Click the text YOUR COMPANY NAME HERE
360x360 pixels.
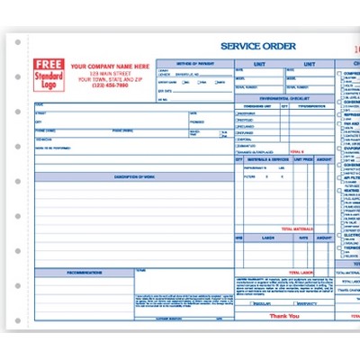(x=110, y=66)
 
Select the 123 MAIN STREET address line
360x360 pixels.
(x=110, y=72)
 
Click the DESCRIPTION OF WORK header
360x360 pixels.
(x=134, y=176)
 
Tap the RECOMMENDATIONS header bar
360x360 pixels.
(x=85, y=271)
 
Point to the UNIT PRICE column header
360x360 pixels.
(x=301, y=157)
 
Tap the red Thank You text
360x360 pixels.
(x=284, y=316)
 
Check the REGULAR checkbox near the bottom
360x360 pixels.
(x=244, y=304)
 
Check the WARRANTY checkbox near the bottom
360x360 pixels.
(x=291, y=304)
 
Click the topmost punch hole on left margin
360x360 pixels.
(x=18, y=40)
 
